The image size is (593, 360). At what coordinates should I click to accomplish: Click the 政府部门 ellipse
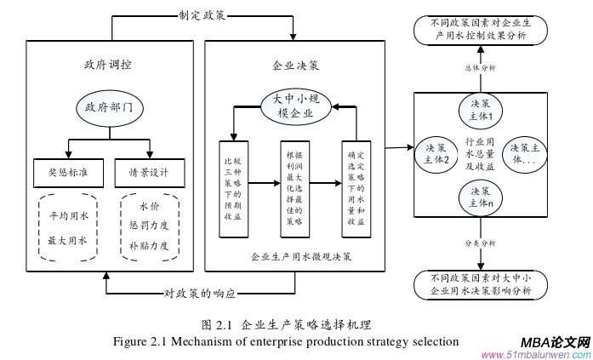click(108, 108)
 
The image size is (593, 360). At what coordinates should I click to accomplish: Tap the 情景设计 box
click(148, 173)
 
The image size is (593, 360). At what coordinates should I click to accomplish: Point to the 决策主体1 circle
click(482, 109)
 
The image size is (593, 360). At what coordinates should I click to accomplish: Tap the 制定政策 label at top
click(202, 14)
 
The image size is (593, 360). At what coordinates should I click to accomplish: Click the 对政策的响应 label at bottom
click(200, 294)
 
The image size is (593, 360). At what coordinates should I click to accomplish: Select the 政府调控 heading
click(108, 66)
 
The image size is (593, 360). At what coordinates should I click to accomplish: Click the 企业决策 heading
click(295, 66)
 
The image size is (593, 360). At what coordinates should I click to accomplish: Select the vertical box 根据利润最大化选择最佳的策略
click(293, 188)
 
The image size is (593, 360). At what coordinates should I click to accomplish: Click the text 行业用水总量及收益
click(481, 154)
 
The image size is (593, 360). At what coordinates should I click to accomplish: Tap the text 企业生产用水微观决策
click(295, 255)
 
